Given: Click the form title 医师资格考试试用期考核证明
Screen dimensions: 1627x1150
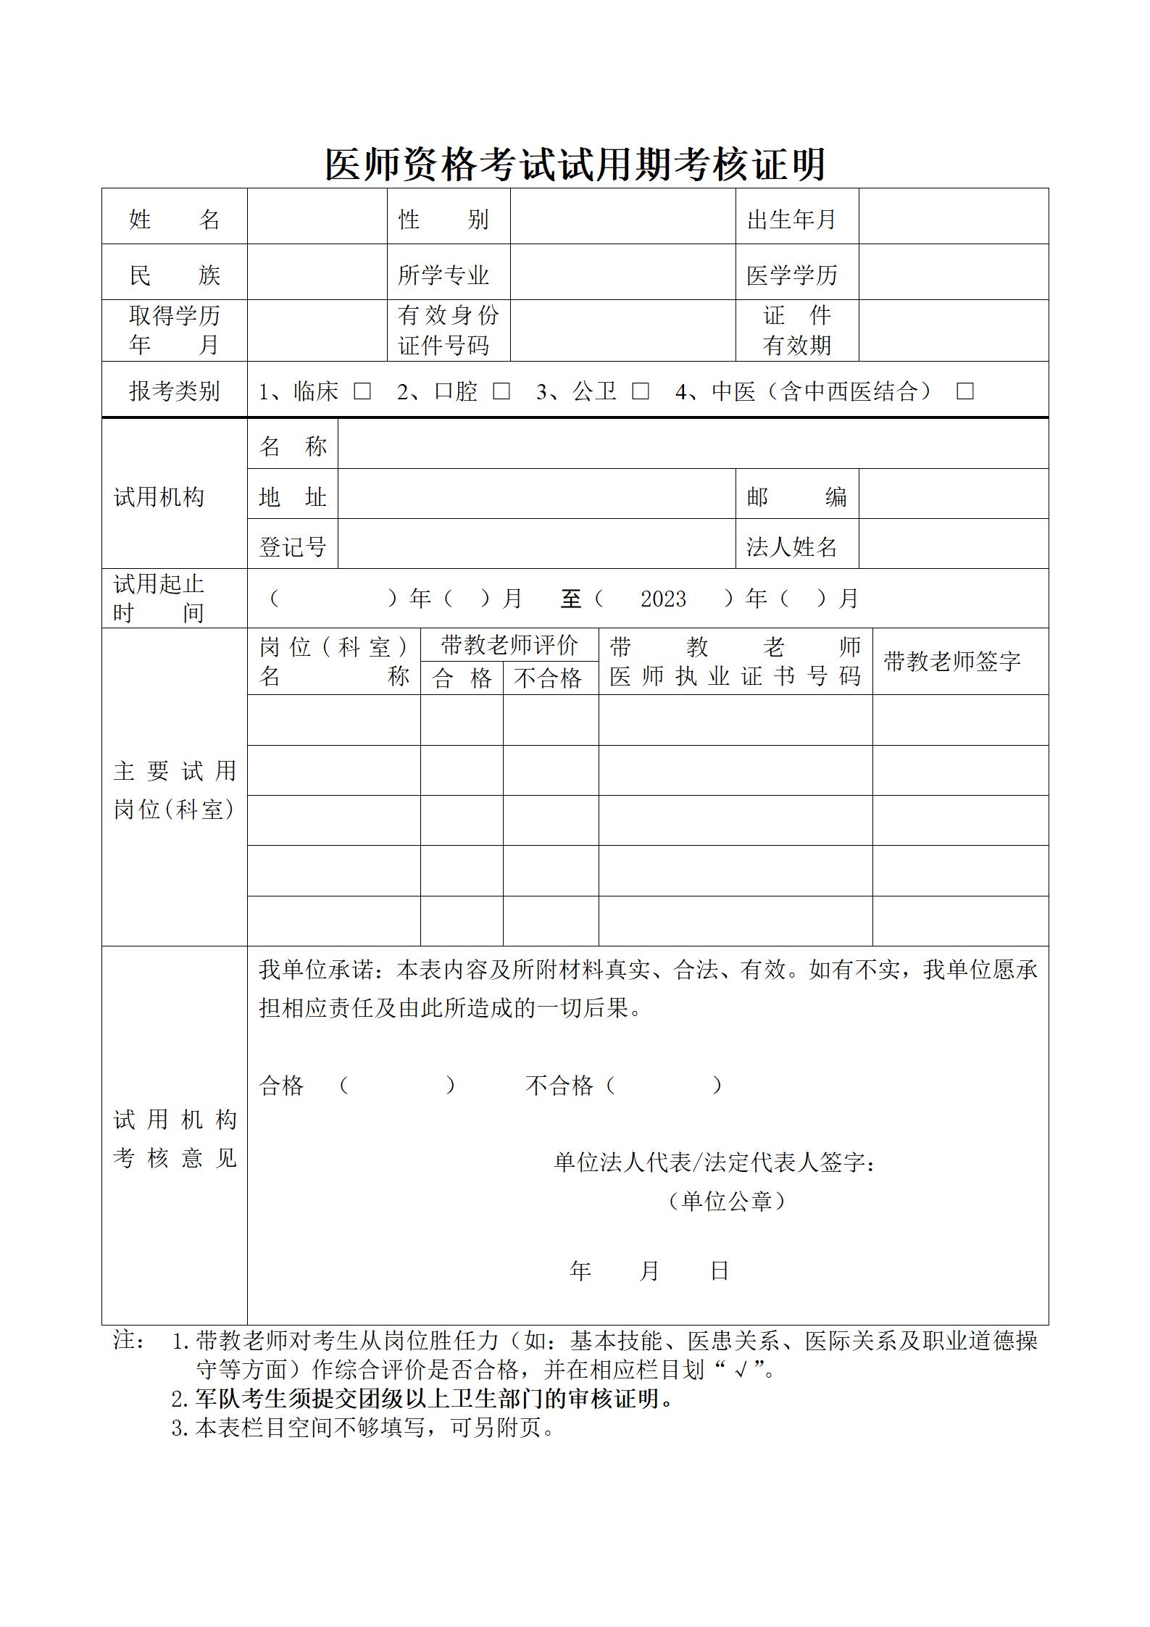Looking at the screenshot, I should (x=575, y=164).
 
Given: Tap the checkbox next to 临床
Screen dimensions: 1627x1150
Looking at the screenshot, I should (x=362, y=391).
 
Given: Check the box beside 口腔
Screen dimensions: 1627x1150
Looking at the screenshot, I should (x=501, y=391).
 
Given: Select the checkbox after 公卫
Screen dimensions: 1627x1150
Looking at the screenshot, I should (x=640, y=391).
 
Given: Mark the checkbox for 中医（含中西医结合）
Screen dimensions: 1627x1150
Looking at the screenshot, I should (x=964, y=391).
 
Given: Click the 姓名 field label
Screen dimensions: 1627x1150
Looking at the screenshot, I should (x=174, y=218).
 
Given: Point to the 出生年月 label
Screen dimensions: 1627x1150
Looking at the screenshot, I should (x=791, y=218).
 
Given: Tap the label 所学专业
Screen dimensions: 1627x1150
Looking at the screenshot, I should (x=443, y=275).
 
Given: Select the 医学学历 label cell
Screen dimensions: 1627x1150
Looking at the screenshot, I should (x=792, y=275).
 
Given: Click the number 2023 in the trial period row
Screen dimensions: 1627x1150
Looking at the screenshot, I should (x=663, y=599).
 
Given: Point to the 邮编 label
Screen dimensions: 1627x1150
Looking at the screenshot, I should (x=796, y=496).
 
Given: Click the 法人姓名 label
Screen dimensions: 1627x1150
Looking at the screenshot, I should (x=792, y=546).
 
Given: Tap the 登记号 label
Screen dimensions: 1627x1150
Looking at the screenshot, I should (x=293, y=546).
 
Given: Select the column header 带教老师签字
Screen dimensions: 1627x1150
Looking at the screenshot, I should (x=951, y=661).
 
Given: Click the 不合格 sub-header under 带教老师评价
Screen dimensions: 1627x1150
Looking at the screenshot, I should (x=549, y=678).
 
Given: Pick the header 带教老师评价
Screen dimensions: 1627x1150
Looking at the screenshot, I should (x=509, y=644).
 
